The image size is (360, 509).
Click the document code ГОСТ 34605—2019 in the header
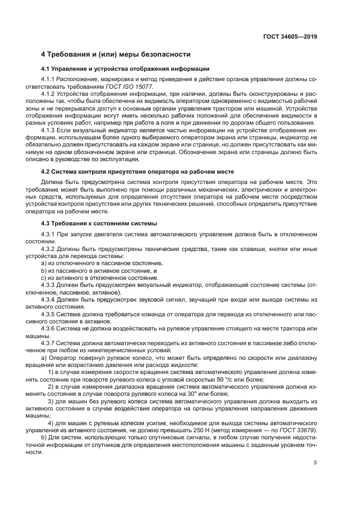(288, 36)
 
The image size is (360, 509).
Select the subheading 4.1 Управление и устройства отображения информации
(125, 69)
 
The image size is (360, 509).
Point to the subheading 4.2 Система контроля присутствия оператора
(138, 171)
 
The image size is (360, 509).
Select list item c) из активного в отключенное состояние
(100, 278)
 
